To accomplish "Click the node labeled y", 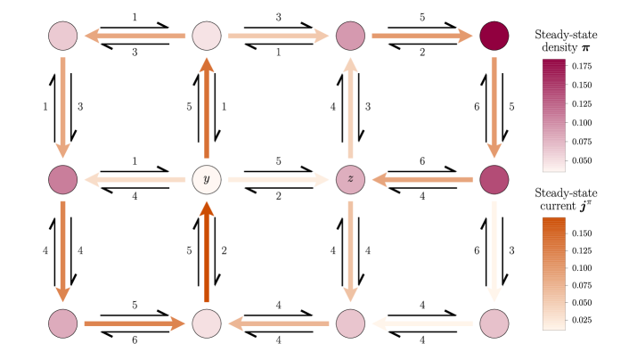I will pyautogui.click(x=207, y=179).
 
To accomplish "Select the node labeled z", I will pyautogui.click(x=350, y=179).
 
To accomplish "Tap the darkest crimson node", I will pyautogui.click(x=494, y=36).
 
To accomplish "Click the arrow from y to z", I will pyautogui.click(x=278, y=179).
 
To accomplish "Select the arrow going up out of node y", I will pyautogui.click(x=207, y=108).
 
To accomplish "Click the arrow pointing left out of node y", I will pyautogui.click(x=135, y=179).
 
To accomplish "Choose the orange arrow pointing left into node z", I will pyautogui.click(x=422, y=179).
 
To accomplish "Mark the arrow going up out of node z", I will pyautogui.click(x=350, y=108).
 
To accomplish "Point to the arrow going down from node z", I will pyautogui.click(x=350, y=252).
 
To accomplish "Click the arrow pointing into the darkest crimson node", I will pyautogui.click(x=422, y=36).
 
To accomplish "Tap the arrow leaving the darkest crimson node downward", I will pyautogui.click(x=494, y=108).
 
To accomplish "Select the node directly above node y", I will pyautogui.click(x=207, y=36).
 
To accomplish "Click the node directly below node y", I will pyautogui.click(x=207, y=323).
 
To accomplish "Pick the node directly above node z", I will pyautogui.click(x=350, y=36).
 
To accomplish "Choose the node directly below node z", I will pyautogui.click(x=350, y=323).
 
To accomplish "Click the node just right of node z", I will pyautogui.click(x=494, y=179).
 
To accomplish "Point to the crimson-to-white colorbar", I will pyautogui.click(x=553, y=116).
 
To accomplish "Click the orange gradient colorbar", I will pyautogui.click(x=553, y=274).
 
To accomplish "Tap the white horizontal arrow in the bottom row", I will pyautogui.click(x=422, y=323).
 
